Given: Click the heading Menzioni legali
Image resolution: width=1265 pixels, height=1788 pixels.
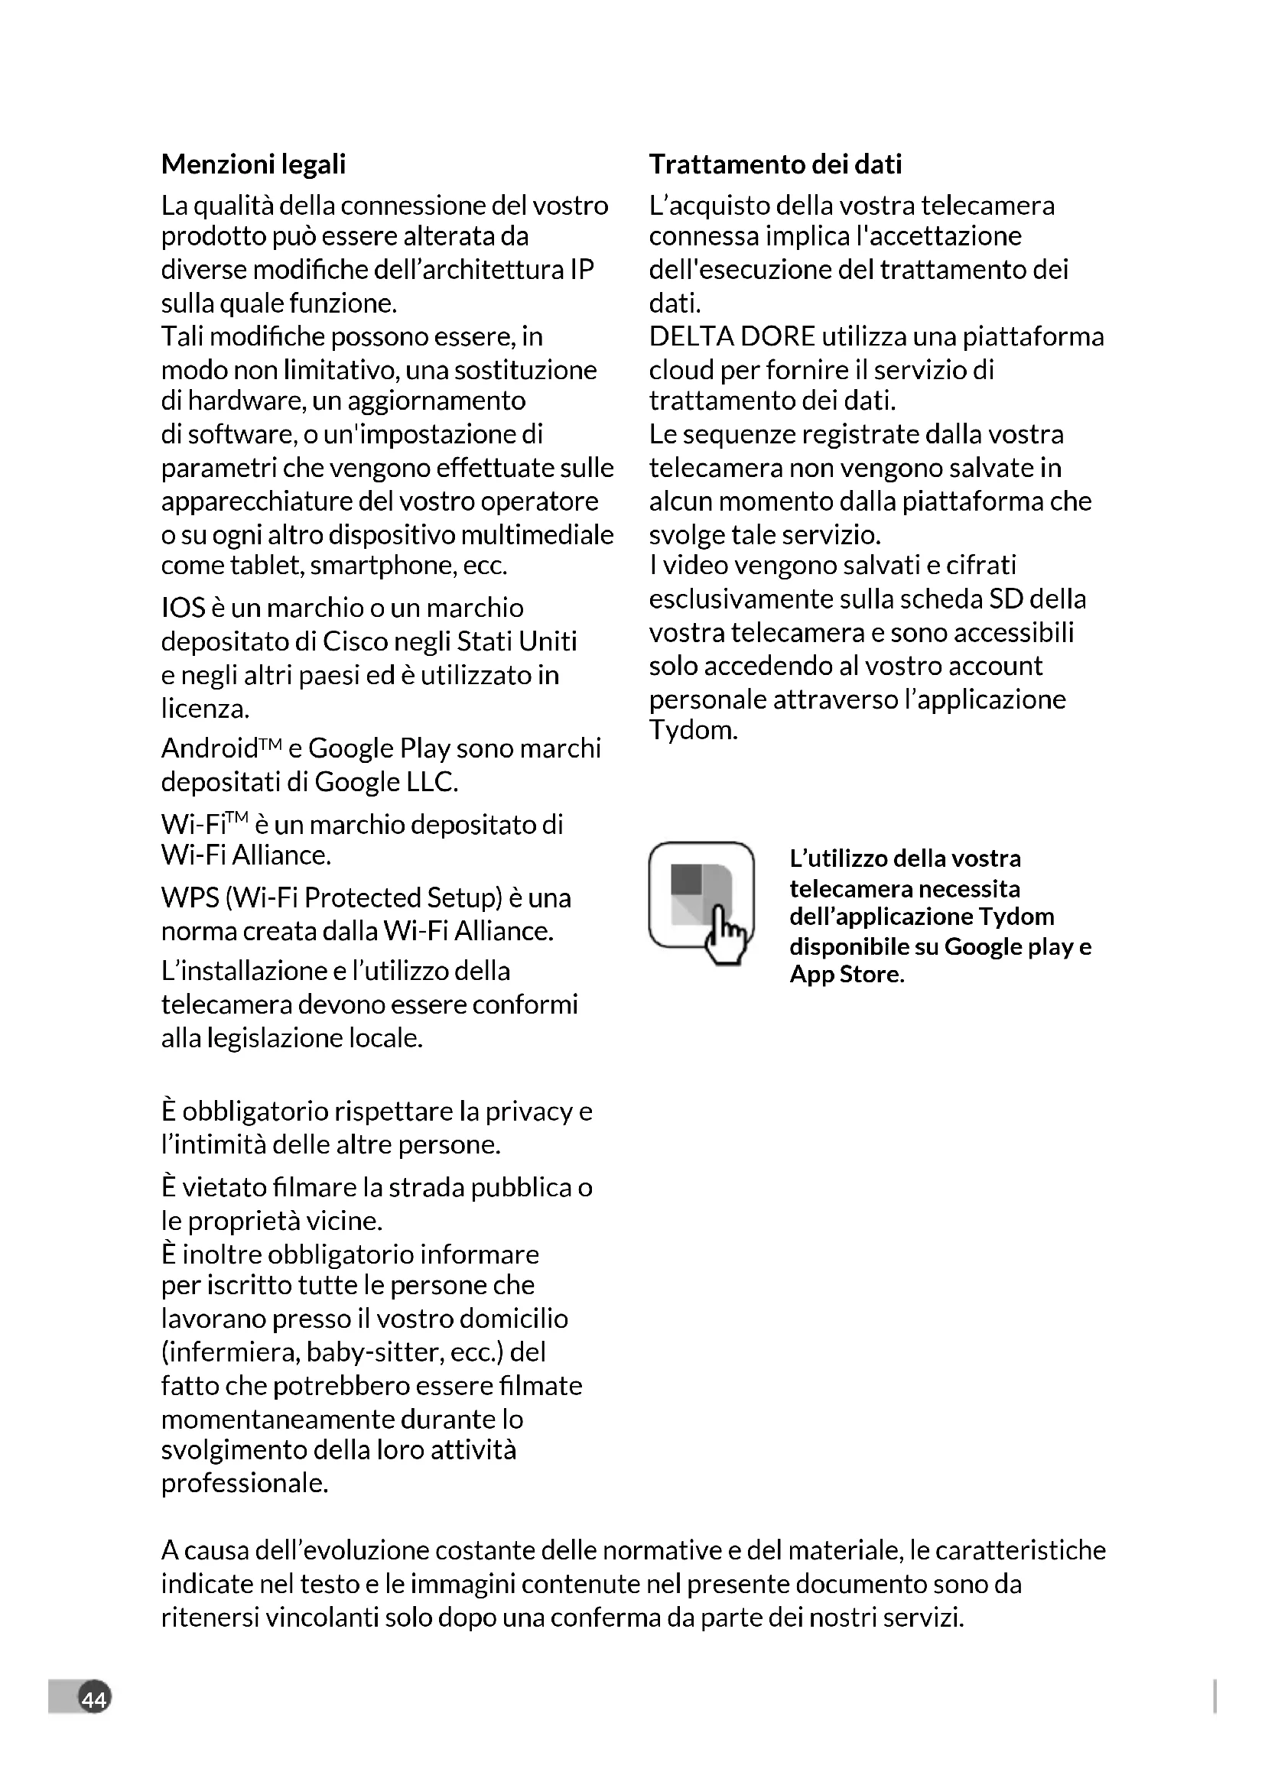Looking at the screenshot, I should click(x=253, y=164).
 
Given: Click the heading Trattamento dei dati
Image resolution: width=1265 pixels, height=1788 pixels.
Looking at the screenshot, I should click(x=775, y=164).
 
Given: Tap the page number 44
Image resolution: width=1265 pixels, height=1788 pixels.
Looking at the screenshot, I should click(x=94, y=1699).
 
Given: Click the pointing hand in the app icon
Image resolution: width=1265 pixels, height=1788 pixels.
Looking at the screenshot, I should click(x=725, y=934).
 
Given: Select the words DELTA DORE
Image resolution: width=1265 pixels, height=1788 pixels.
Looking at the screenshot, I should click(x=731, y=336).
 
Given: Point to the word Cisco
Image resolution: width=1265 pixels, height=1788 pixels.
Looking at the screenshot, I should click(x=355, y=641).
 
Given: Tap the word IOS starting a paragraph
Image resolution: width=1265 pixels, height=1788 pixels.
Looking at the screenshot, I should click(x=183, y=608).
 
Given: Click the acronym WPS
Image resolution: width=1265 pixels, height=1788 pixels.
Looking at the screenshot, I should click(x=190, y=898).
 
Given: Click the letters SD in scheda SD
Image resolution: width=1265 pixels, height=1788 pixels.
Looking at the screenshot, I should click(x=1006, y=599).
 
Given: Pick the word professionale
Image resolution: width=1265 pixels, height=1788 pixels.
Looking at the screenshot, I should click(x=244, y=1483).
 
